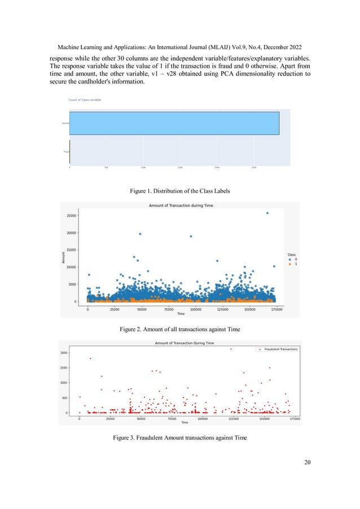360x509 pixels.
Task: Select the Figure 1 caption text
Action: pyautogui.click(x=179, y=191)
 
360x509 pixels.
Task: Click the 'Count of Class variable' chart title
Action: pyautogui.click(x=85, y=100)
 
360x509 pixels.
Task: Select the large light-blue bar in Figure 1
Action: pyautogui.click(x=174, y=123)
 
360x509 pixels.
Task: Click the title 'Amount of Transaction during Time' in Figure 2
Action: pyautogui.click(x=180, y=206)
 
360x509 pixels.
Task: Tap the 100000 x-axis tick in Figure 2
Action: pyautogui.click(x=194, y=310)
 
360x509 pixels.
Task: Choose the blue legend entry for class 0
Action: pyautogui.click(x=292, y=260)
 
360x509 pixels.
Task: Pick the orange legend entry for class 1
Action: pyautogui.click(x=292, y=264)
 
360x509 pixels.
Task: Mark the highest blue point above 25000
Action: pyautogui.click(x=267, y=213)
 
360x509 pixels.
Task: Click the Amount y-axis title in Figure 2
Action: pyautogui.click(x=63, y=257)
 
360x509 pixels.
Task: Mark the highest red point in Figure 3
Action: pyautogui.click(x=231, y=349)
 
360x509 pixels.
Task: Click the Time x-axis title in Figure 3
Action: pyautogui.click(x=184, y=423)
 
